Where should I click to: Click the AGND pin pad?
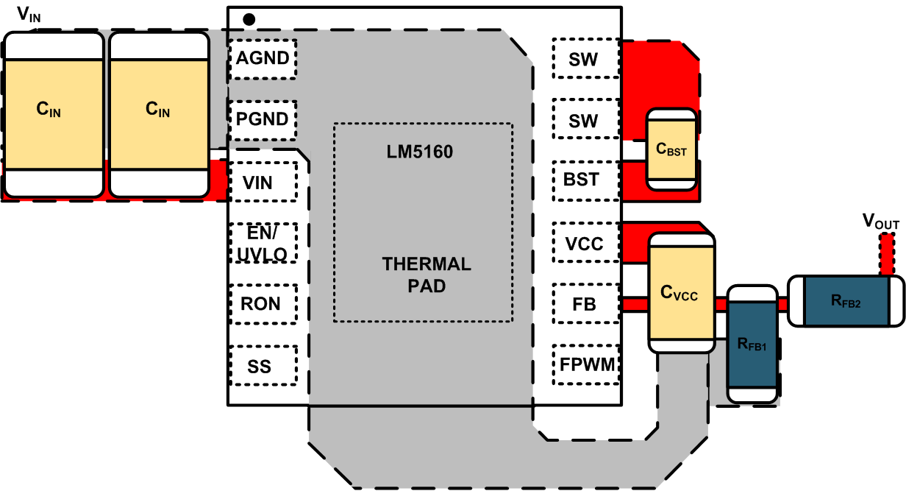263,59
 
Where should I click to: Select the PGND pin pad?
263,120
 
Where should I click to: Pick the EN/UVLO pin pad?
263,243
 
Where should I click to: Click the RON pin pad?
263,303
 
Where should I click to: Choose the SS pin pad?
263,365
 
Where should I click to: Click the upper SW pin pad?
585,59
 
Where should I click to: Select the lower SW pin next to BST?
585,120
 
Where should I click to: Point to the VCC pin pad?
585,243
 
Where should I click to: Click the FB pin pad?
585,303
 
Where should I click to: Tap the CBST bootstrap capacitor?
670,149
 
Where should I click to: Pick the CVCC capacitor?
681,293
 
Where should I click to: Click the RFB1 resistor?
752,345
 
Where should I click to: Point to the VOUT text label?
880,222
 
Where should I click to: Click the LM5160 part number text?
420,153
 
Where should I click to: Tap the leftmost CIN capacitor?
52,115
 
